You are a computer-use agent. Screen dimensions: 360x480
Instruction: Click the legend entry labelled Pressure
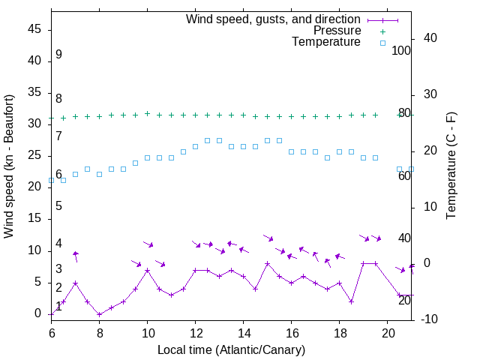(x=337, y=31)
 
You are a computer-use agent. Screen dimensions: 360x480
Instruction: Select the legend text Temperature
(x=326, y=42)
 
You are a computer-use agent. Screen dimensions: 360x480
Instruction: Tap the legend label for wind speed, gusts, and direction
(x=273, y=19)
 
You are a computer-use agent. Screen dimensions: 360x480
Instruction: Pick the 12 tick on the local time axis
(x=195, y=331)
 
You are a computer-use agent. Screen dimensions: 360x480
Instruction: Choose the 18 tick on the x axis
(x=339, y=331)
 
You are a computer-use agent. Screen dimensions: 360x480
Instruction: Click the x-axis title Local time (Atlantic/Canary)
(x=231, y=349)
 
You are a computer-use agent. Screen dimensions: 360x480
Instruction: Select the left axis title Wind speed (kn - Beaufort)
(x=10, y=166)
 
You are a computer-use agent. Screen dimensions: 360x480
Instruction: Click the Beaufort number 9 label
(x=58, y=55)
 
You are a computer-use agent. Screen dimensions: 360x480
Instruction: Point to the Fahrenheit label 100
(x=401, y=51)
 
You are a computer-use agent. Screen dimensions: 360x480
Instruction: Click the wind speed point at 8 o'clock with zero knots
(x=99, y=314)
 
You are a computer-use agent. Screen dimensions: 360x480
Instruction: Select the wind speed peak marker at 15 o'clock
(x=267, y=263)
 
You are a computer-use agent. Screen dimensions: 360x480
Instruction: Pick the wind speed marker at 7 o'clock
(x=75, y=283)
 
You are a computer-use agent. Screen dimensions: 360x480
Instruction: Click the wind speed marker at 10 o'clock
(x=147, y=270)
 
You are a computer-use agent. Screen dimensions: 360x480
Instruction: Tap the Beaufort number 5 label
(x=58, y=206)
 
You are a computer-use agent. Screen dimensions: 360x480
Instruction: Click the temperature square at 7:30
(x=87, y=169)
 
